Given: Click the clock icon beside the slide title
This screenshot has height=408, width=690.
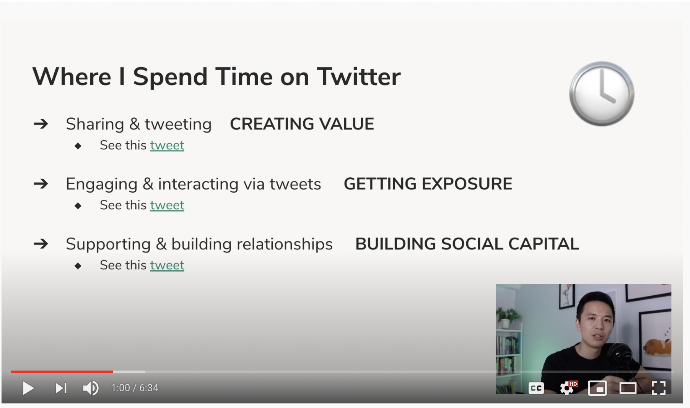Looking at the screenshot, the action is pos(602,94).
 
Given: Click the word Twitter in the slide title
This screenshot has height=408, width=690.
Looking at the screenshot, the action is pos(358,77).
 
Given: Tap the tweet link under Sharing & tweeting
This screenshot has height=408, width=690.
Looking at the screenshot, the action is pos(167,145).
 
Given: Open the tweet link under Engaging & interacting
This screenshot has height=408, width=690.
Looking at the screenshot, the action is pos(167,205).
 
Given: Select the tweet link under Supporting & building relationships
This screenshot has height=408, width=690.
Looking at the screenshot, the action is pos(167,265).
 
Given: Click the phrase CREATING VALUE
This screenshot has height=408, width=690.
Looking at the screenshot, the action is pos(302,124).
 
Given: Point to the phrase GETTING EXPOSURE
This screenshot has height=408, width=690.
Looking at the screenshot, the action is pos(428,184).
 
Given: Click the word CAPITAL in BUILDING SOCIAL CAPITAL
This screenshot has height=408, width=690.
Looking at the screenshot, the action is pos(544,244).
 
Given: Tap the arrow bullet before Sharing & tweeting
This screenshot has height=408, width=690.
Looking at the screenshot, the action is pos(41,124).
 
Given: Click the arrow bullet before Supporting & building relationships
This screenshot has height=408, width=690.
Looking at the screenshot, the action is pos(41,244).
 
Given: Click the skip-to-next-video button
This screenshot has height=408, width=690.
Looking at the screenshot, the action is pos(61,388).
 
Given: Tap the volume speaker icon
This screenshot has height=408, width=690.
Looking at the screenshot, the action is pos(91,388).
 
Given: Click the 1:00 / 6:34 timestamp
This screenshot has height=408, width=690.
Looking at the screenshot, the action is pos(135,388).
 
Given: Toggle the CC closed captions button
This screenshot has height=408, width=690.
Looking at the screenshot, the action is pos(536,388).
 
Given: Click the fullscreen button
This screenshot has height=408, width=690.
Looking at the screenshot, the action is pos(659,388).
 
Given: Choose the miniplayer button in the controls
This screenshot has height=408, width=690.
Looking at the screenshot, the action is pos(597,388).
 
